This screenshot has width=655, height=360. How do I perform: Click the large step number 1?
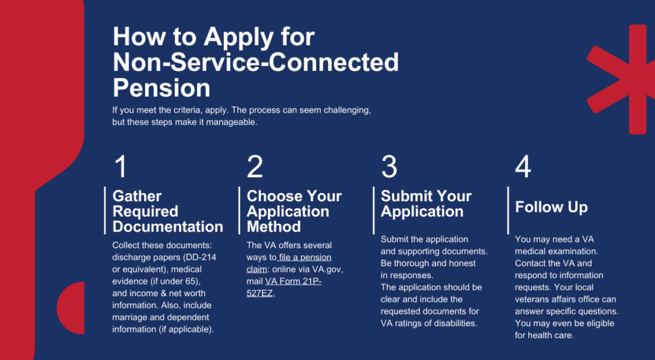121,167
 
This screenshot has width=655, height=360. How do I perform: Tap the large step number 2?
255,167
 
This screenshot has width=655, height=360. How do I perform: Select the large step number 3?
389,167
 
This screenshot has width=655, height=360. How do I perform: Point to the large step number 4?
523,167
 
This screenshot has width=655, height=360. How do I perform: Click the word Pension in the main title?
161,88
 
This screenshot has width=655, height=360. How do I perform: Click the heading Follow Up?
551,207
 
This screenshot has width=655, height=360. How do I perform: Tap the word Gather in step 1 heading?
137,196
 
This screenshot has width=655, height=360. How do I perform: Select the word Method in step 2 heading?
274,226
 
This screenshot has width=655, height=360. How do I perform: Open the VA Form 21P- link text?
293,281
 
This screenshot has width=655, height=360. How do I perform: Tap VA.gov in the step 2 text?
327,269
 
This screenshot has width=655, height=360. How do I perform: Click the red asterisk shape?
620,79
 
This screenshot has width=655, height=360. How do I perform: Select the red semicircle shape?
70,308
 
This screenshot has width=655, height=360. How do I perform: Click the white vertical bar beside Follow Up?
508,210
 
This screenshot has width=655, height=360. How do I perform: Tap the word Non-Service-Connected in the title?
256,63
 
